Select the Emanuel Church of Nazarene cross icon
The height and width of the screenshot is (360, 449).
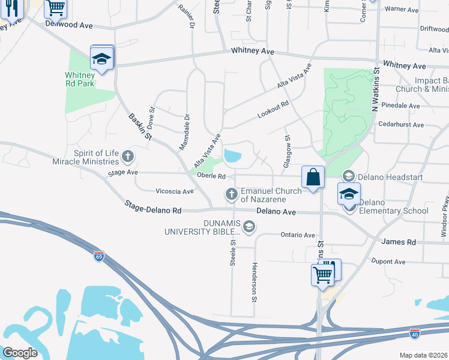(232, 194)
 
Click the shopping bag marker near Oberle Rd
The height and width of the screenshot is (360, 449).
(313, 177)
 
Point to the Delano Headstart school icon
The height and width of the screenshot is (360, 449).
(348, 176)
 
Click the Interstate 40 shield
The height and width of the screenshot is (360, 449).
(414, 333)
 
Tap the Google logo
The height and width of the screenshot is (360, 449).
(20, 352)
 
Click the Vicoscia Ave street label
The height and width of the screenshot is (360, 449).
(175, 191)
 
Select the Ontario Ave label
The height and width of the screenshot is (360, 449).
(297, 235)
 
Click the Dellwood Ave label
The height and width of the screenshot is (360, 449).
(69, 26)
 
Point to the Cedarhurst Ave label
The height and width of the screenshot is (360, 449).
(401, 125)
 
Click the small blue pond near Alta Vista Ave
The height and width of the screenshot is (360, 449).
(232, 156)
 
